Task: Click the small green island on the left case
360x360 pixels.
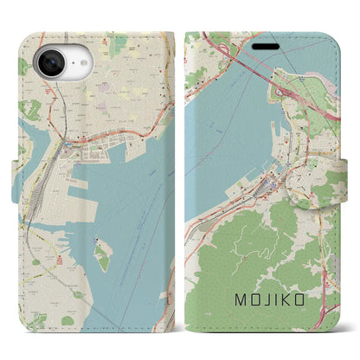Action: (103, 254)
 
